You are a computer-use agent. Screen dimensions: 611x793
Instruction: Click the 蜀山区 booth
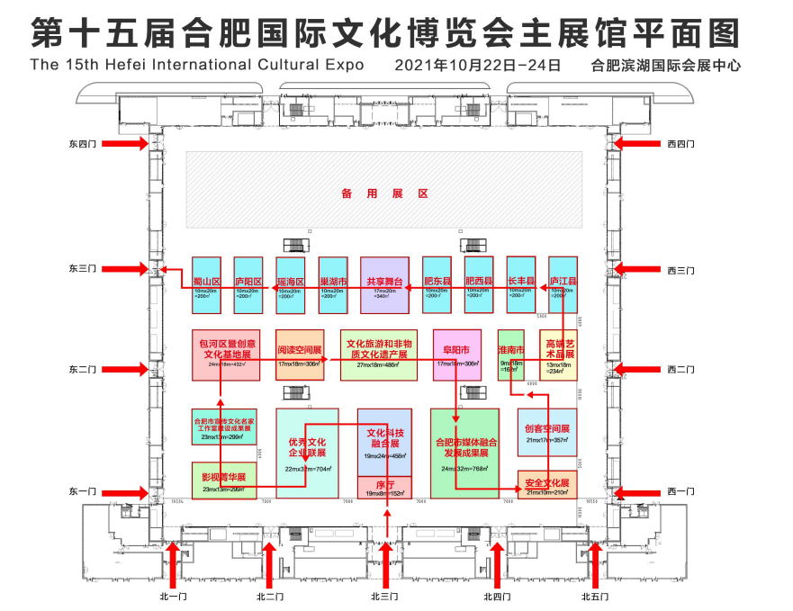[x=207, y=285]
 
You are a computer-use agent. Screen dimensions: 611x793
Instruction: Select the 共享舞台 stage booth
[x=384, y=285]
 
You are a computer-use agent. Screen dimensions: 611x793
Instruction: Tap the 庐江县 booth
[x=563, y=285]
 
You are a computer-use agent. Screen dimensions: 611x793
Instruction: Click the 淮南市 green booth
[x=510, y=355]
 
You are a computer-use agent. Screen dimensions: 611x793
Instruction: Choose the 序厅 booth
[x=385, y=488]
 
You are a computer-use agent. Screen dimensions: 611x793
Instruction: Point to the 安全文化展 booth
[x=546, y=485]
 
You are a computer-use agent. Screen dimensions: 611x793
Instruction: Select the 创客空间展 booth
[x=546, y=432]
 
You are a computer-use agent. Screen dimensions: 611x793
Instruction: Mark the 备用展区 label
[x=384, y=193]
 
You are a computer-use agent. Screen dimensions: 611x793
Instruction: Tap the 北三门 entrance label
[x=384, y=597]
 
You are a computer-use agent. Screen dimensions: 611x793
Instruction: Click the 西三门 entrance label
[x=680, y=269]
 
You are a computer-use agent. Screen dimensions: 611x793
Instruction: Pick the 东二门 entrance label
[x=86, y=369]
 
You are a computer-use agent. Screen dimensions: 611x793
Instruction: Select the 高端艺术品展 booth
[x=559, y=355]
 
